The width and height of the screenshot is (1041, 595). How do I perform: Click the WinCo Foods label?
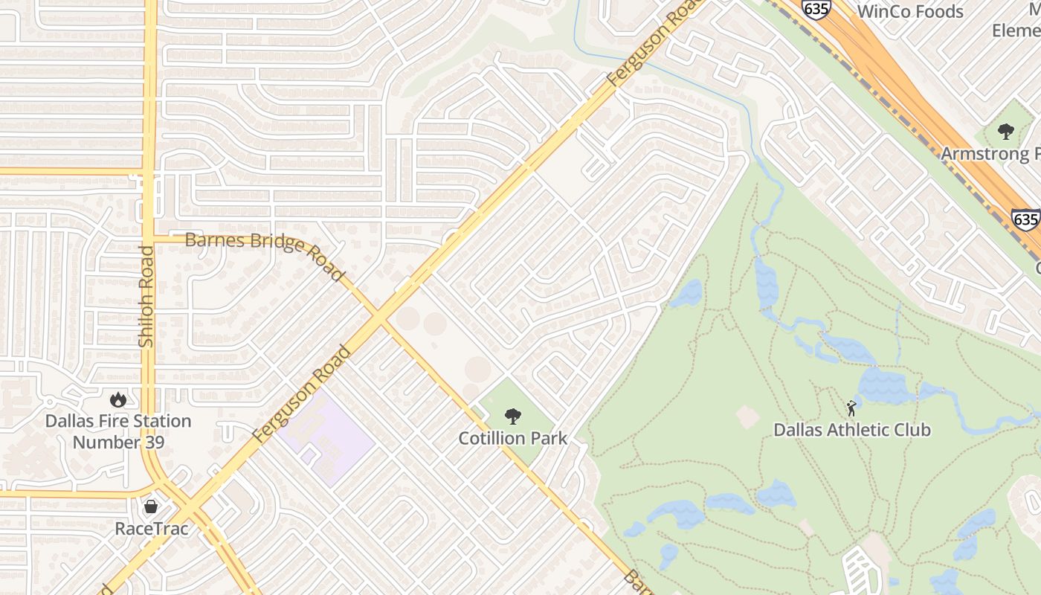click(x=910, y=11)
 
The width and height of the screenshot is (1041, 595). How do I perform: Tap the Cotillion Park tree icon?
click(x=512, y=416)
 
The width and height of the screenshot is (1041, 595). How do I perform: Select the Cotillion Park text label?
click(x=512, y=438)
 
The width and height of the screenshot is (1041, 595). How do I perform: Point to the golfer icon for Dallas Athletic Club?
click(x=851, y=408)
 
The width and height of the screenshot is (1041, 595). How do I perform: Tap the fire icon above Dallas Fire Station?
click(x=117, y=400)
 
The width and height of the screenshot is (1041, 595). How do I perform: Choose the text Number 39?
click(x=117, y=442)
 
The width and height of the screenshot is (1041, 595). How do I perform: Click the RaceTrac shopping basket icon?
click(x=151, y=507)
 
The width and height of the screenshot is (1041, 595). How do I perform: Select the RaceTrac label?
click(x=151, y=529)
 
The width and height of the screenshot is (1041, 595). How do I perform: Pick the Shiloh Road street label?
click(x=146, y=296)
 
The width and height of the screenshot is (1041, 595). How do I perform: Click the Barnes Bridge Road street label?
click(x=266, y=254)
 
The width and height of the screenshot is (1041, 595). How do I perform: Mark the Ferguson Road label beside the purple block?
click(x=301, y=394)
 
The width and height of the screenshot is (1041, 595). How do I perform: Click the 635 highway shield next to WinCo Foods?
click(x=816, y=8)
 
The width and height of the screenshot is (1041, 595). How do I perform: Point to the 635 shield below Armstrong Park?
click(x=1025, y=219)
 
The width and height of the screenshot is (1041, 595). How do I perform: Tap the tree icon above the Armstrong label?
click(x=1005, y=132)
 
